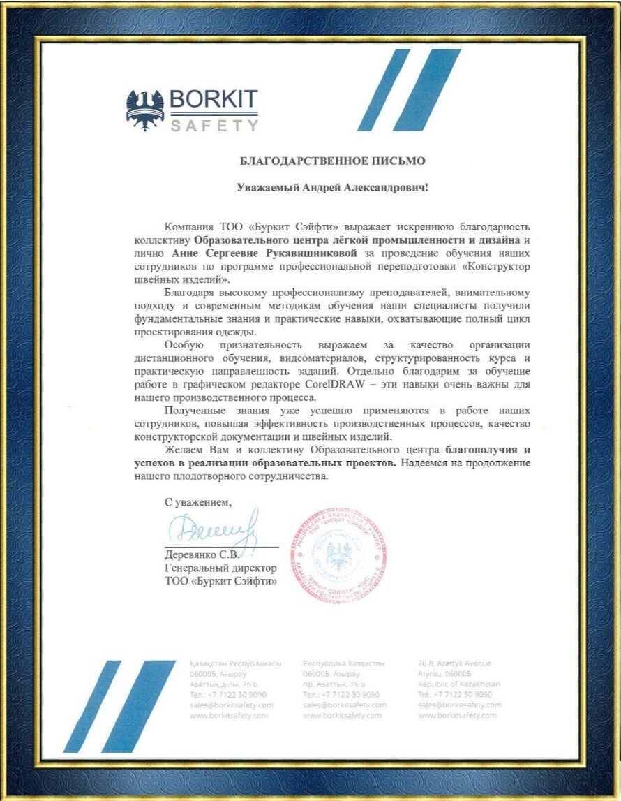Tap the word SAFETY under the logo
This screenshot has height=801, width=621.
(214, 126)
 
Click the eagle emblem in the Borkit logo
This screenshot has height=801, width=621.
(145, 108)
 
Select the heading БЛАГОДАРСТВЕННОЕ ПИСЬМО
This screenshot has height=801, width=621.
(332, 161)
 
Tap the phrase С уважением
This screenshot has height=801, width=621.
(197, 501)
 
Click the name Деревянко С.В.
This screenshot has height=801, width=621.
(202, 555)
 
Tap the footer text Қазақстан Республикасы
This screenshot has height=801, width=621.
(235, 663)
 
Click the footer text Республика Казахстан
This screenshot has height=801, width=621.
(343, 663)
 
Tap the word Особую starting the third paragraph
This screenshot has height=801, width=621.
(184, 345)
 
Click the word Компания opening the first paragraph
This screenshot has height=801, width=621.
(188, 228)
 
